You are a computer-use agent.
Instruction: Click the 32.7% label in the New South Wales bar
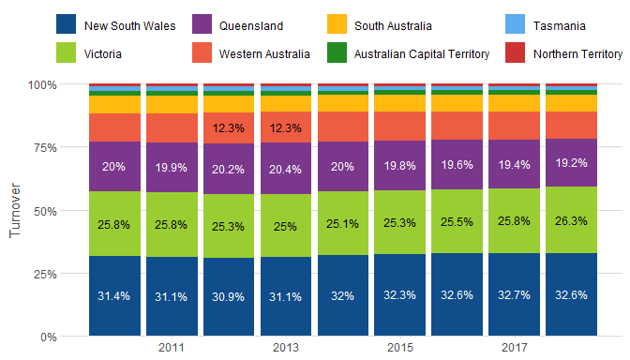tap(514, 295)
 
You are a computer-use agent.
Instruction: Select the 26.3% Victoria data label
tap(571, 221)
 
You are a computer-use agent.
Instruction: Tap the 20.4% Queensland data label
tap(285, 170)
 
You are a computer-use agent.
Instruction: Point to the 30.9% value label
tap(228, 297)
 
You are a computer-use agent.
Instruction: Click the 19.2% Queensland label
tap(571, 163)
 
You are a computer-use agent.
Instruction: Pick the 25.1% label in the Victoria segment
tap(342, 224)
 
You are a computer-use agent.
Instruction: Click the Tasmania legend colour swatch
tap(515, 24)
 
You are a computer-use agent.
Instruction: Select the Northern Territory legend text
tap(577, 54)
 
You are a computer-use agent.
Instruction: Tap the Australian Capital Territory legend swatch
tap(337, 52)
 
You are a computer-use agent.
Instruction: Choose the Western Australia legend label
tap(264, 54)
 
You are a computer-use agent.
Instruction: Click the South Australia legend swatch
tap(337, 24)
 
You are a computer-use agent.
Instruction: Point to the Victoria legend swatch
tap(66, 52)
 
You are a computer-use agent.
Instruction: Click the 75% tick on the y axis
tap(45, 148)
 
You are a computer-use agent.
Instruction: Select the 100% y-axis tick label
tap(42, 85)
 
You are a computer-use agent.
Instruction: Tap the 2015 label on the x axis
tap(399, 348)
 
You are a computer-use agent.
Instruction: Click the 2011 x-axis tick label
tap(172, 348)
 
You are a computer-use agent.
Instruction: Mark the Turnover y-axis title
tap(15, 210)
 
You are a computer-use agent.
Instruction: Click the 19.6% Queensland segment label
tap(457, 165)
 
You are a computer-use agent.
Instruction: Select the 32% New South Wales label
tap(342, 296)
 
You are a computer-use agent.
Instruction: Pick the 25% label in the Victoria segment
tap(285, 227)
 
